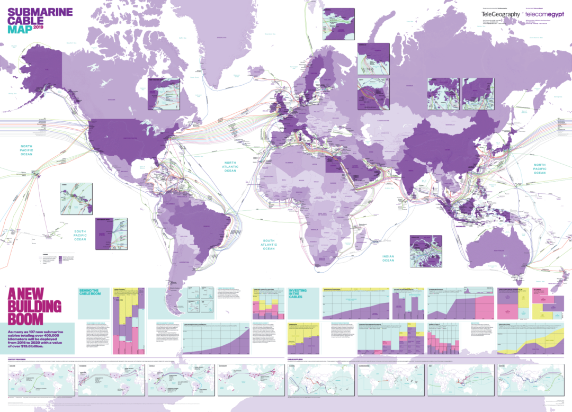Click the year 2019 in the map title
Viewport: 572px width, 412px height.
(39, 26)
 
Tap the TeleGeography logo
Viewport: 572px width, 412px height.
(501, 15)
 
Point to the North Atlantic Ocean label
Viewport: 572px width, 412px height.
(230, 167)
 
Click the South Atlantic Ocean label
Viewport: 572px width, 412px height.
(269, 245)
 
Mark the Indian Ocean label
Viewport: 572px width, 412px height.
(388, 258)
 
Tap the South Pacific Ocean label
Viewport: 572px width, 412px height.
(80, 236)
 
